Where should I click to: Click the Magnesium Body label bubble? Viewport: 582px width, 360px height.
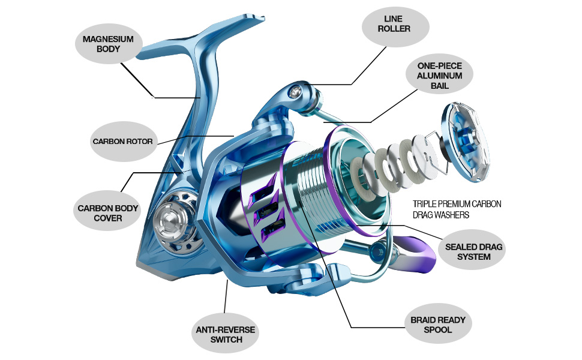pyautogui.click(x=109, y=44)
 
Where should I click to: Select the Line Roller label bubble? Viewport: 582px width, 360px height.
pyautogui.click(x=395, y=26)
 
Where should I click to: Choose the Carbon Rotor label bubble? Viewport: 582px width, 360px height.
pyautogui.click(x=123, y=142)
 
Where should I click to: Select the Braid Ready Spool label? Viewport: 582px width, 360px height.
pyautogui.click(x=439, y=324)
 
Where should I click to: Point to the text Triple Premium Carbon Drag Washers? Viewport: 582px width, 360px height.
pyautogui.click(x=457, y=209)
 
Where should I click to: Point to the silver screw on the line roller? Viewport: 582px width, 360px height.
pyautogui.click(x=296, y=91)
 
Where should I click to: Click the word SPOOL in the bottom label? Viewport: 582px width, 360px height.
pyautogui.click(x=438, y=329)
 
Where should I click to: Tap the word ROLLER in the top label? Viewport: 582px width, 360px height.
pyautogui.click(x=394, y=29)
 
